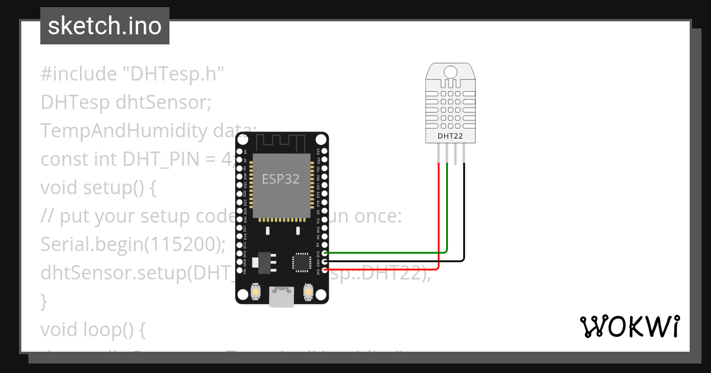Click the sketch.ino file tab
(105, 26)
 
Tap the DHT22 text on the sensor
(450, 136)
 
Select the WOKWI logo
(629, 327)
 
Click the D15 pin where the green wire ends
(325, 253)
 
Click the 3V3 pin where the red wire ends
(325, 270)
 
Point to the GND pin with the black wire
(325, 261)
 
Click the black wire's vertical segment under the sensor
(464, 207)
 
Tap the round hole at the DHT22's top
(450, 72)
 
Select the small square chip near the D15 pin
(301, 262)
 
